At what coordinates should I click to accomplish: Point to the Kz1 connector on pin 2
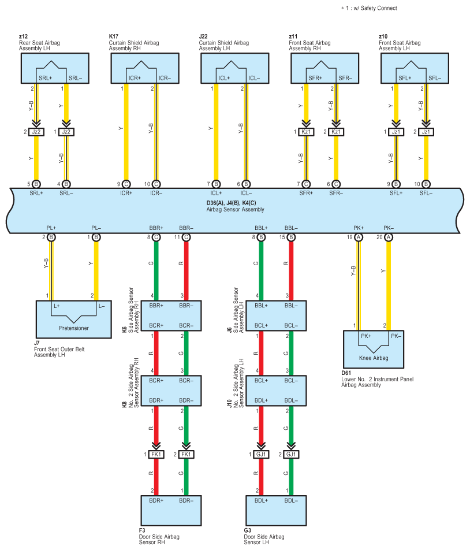pyautogui.click(x=336, y=132)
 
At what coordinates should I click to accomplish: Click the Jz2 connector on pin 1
pyautogui.click(x=66, y=132)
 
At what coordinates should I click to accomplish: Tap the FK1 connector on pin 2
pyautogui.click(x=186, y=454)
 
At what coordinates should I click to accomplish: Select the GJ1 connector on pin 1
pyautogui.click(x=261, y=454)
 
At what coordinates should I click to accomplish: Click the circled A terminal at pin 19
pyautogui.click(x=358, y=237)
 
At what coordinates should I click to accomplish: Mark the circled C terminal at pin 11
pyautogui.click(x=186, y=237)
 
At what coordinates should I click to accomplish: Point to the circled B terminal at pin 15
pyautogui.click(x=291, y=237)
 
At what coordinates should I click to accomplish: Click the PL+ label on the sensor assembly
pyautogui.click(x=51, y=228)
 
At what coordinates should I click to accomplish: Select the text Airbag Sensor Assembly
pyautogui.click(x=235, y=209)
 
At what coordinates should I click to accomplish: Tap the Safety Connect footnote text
pyautogui.click(x=369, y=8)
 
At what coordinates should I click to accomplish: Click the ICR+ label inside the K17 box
pyautogui.click(x=135, y=78)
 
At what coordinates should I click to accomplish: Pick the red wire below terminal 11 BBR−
pyautogui.click(x=186, y=271)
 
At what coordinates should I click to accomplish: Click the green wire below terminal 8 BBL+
pyautogui.click(x=261, y=271)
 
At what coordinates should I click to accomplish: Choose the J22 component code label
pyautogui.click(x=203, y=36)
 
